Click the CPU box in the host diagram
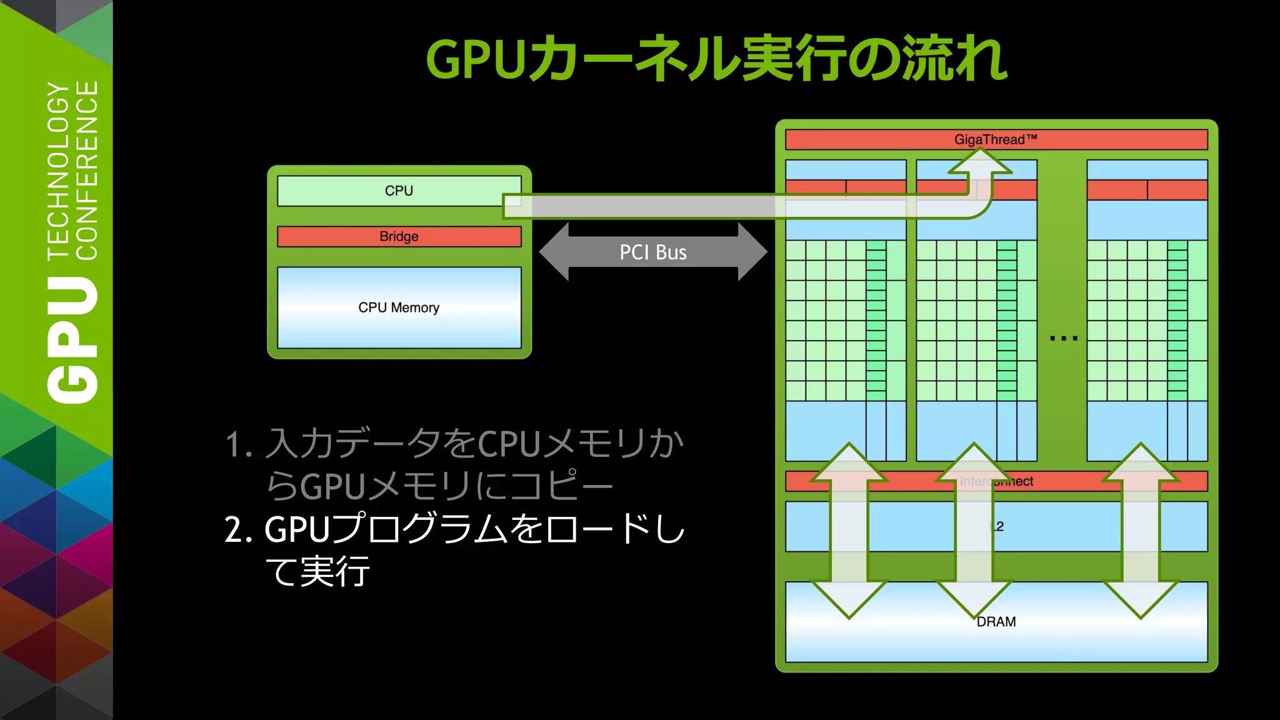[x=399, y=191]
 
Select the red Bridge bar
[x=399, y=236]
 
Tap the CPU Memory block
[x=399, y=307]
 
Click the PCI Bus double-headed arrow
[x=653, y=252]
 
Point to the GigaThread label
[x=995, y=139]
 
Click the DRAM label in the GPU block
[x=996, y=622]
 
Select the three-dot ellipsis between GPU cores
[x=1064, y=338]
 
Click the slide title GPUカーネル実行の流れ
[x=716, y=59]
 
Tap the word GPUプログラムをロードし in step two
[x=475, y=529]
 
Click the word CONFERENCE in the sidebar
[x=87, y=170]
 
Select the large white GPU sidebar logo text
[x=72, y=341]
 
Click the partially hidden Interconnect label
[x=996, y=481]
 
